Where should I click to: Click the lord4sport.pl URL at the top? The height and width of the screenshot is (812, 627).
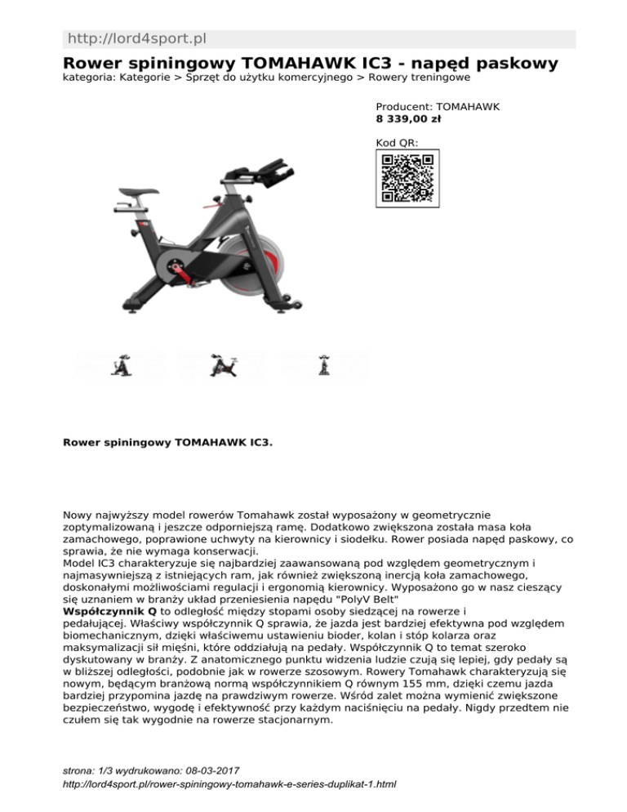[x=136, y=39]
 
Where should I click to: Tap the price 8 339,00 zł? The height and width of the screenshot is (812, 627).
[x=408, y=118]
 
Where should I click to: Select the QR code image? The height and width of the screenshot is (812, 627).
[x=407, y=178]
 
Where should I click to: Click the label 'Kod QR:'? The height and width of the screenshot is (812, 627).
[x=397, y=142]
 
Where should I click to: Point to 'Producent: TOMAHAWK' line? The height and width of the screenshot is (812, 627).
[x=438, y=106]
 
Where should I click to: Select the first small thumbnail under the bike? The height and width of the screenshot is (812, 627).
[x=121, y=364]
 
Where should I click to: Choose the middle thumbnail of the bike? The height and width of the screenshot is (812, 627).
[x=222, y=364]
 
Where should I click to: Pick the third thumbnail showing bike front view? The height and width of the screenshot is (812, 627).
[x=324, y=364]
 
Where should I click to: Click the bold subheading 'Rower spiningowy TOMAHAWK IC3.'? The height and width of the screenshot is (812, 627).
[x=168, y=442]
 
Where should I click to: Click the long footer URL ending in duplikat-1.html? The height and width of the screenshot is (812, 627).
[x=229, y=784]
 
